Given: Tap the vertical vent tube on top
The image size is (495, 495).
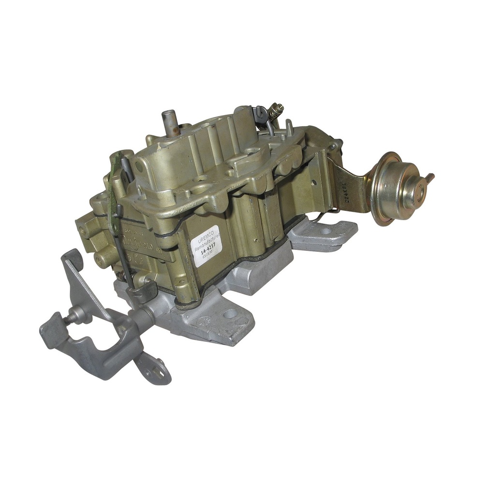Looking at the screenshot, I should [168, 120].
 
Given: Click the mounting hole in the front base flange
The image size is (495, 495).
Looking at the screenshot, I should [230, 314].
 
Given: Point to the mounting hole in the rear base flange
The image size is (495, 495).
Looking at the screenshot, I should [325, 232].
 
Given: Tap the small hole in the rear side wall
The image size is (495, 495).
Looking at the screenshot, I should [314, 182].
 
